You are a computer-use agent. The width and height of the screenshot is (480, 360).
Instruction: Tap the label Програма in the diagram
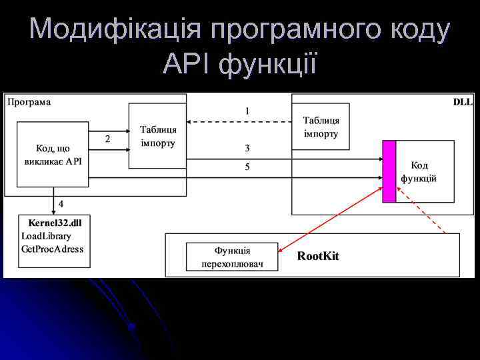(29, 102)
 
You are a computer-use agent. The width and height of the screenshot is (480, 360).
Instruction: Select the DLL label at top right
(463, 102)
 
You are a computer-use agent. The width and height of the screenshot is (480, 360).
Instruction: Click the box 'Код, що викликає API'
(53, 155)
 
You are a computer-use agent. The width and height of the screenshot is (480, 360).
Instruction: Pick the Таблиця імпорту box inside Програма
(158, 136)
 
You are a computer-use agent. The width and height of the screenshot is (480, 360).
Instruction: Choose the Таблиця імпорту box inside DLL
(321, 127)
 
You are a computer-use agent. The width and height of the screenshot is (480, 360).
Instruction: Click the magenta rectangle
(389, 171)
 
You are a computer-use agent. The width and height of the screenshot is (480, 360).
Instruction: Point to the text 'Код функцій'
(419, 171)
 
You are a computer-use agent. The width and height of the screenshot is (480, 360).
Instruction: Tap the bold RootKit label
(318, 256)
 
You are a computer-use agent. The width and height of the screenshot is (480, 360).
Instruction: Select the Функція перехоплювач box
(232, 257)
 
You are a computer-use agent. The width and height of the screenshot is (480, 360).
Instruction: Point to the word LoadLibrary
(46, 235)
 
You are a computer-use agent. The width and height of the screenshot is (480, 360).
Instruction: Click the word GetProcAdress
(53, 249)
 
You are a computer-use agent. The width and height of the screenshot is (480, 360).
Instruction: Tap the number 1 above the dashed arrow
(247, 111)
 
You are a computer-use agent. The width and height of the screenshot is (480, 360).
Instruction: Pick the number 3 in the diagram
(247, 148)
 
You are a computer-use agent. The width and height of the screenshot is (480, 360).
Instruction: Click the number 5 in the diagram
(247, 167)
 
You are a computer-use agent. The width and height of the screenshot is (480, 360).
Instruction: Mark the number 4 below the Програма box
(61, 203)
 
